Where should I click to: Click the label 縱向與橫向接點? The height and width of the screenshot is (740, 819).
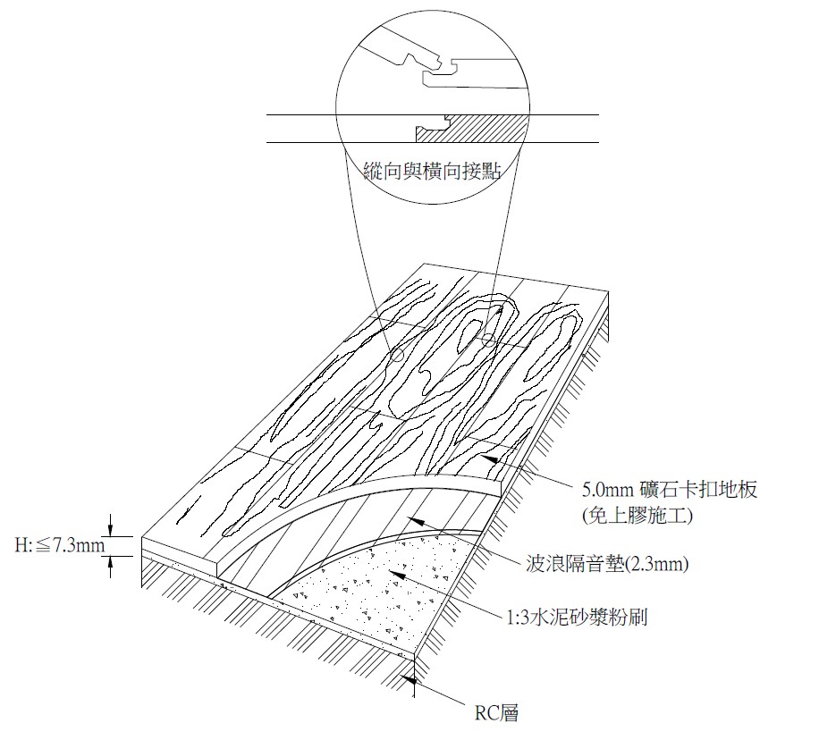click(x=433, y=171)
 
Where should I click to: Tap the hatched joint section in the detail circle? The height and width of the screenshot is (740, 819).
click(x=473, y=128)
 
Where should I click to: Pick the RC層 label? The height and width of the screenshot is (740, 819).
click(x=495, y=712)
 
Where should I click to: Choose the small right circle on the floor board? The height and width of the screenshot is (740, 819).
click(x=488, y=340)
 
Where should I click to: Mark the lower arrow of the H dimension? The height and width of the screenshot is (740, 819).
click(x=110, y=560)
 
